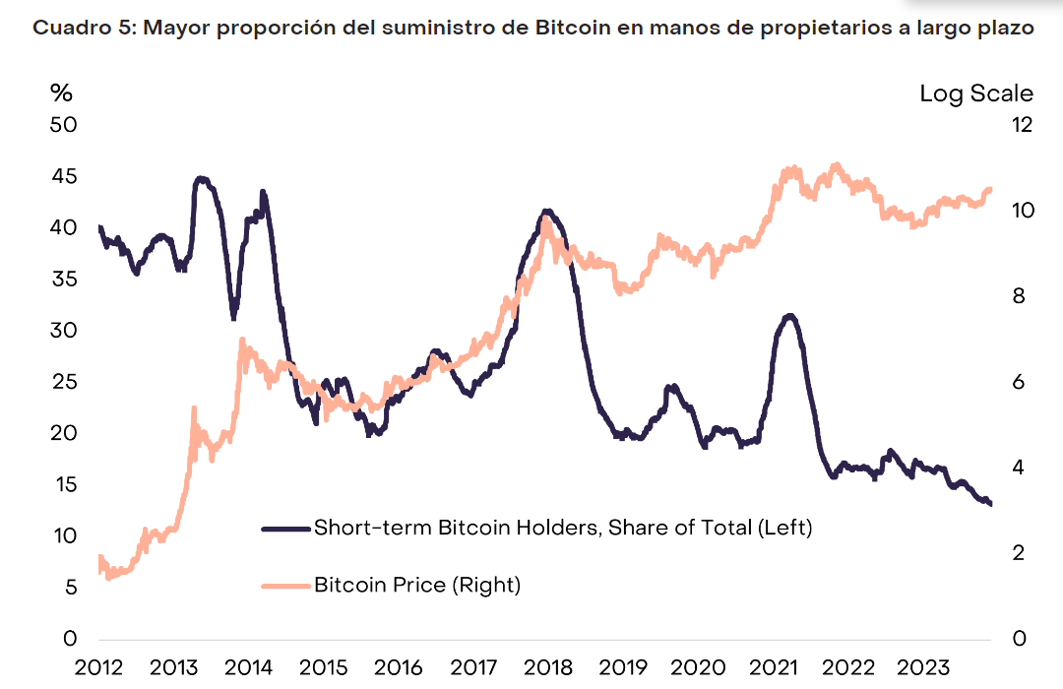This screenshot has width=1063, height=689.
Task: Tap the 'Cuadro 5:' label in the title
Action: coord(85,28)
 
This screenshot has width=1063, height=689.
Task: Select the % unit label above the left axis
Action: coord(62,94)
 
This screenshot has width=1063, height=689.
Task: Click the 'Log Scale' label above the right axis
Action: coord(976,94)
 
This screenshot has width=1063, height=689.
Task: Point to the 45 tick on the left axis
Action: coord(64,177)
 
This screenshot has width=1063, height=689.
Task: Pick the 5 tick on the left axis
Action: coord(70,588)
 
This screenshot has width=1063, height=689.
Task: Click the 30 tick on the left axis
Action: coord(64,331)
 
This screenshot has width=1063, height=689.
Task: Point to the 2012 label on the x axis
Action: coord(99,666)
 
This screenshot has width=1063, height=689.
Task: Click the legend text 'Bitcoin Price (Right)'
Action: coord(417,585)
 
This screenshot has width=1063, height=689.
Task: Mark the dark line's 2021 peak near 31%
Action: coord(789,316)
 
